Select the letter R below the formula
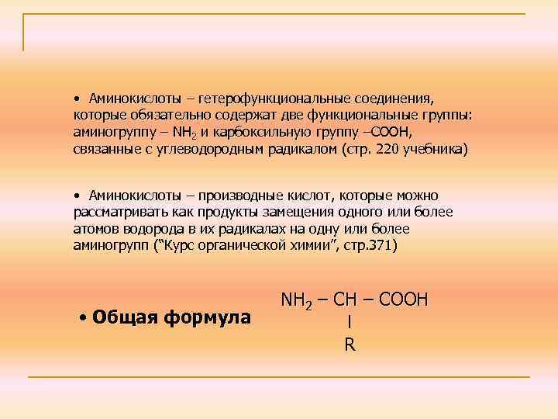pos(350,345)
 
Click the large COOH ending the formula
pos(404,299)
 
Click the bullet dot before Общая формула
pos(82,317)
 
